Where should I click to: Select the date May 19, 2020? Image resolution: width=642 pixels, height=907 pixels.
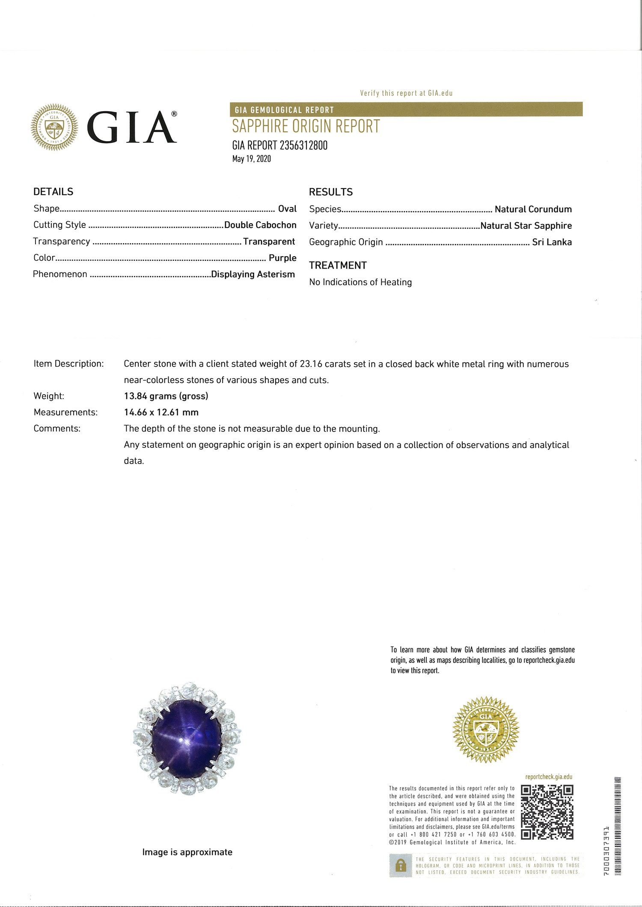(x=252, y=159)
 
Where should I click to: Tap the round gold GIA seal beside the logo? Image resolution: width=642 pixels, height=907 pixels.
(x=54, y=127)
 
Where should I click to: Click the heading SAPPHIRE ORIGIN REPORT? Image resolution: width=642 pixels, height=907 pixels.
(x=306, y=127)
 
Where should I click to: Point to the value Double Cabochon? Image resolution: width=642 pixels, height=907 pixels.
(x=260, y=225)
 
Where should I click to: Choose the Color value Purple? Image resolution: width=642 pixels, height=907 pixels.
(x=282, y=258)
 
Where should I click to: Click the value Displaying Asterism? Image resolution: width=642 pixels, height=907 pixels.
(x=253, y=274)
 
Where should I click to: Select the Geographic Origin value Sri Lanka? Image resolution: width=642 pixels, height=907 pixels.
(x=552, y=242)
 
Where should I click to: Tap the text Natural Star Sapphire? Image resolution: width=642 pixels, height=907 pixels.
(x=526, y=225)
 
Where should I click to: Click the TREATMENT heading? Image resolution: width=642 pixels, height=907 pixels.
(x=338, y=266)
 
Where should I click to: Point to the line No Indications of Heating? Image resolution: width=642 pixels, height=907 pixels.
(x=360, y=282)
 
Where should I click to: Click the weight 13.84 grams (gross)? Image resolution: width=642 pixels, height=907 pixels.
(x=166, y=396)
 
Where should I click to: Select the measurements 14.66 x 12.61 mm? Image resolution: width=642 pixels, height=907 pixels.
(x=161, y=412)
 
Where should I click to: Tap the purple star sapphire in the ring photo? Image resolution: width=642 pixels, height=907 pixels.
(x=187, y=739)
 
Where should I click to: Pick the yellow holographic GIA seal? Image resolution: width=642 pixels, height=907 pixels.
(x=486, y=729)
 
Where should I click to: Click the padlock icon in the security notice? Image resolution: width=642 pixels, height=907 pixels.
(x=401, y=866)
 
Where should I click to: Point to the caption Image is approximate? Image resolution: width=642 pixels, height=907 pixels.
(x=187, y=852)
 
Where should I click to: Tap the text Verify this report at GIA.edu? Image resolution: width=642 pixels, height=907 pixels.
(x=406, y=93)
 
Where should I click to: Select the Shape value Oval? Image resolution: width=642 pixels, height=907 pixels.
(x=287, y=209)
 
